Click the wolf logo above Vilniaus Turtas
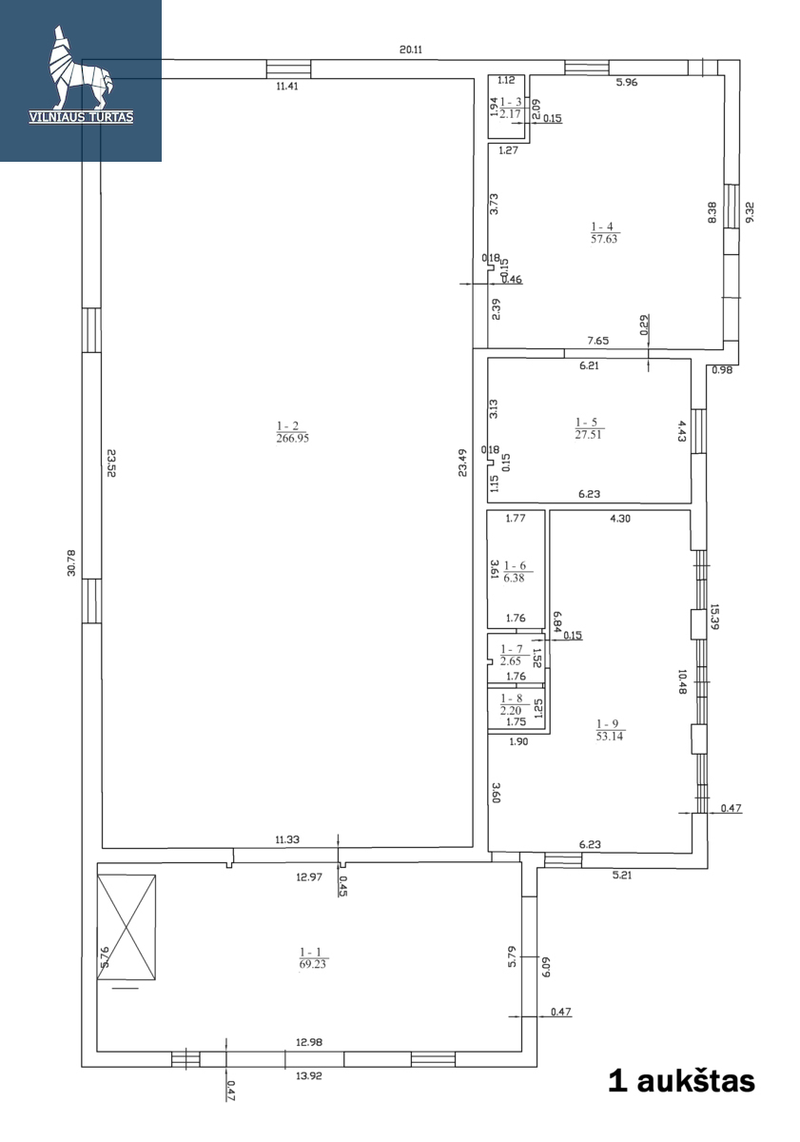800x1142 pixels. [x=81, y=69]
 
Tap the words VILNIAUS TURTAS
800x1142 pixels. [x=81, y=117]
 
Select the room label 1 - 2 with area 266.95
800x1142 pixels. [x=292, y=432]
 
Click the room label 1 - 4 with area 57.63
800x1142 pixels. [x=604, y=232]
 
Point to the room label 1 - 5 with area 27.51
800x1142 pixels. [x=589, y=428]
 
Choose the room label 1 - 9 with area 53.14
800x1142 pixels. [x=610, y=730]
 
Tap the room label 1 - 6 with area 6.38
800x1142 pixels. [x=514, y=572]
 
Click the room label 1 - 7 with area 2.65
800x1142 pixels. [x=511, y=655]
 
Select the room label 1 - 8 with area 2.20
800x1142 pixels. [x=511, y=704]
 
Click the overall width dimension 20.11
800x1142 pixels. [x=411, y=49]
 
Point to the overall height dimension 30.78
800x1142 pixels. [x=71, y=562]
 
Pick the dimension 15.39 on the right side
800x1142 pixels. [x=714, y=617]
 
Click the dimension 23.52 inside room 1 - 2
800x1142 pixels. [x=111, y=463]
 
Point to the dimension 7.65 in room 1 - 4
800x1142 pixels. [x=597, y=341]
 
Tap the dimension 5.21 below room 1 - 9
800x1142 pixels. [x=622, y=876]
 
